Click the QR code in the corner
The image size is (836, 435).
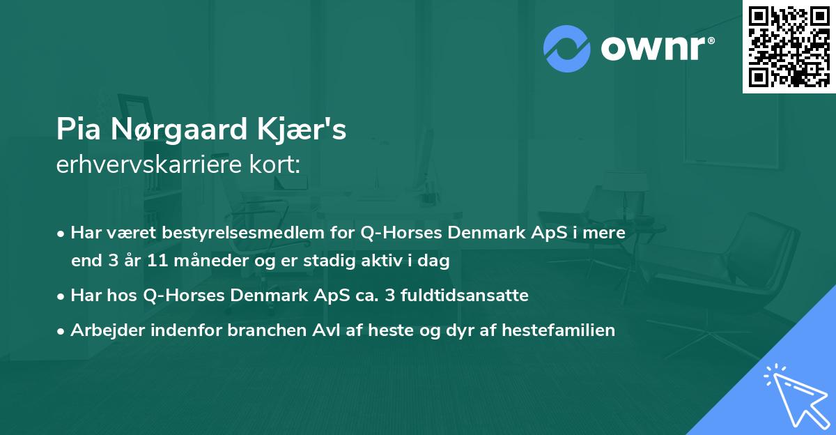click(789, 46)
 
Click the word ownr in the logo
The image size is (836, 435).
click(656, 47)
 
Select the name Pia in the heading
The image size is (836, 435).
click(75, 130)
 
